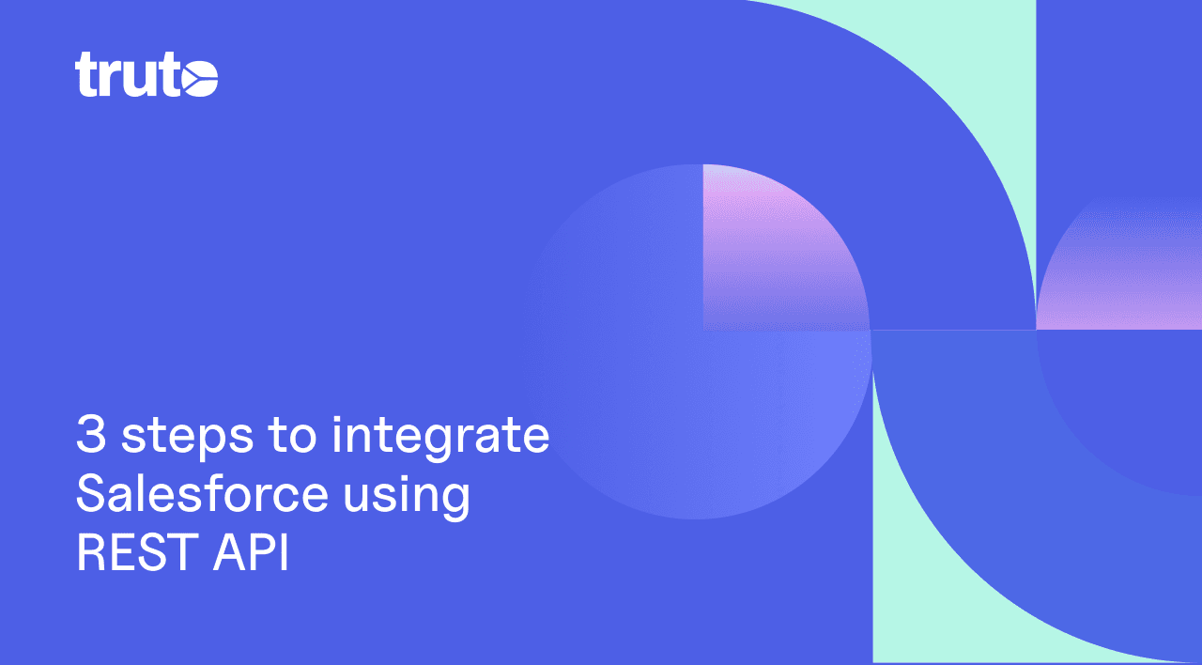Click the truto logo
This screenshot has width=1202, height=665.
pos(146,75)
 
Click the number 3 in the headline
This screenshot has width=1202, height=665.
pos(90,437)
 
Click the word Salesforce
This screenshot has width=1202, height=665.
pos(202,494)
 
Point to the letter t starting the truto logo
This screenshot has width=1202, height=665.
pos(85,75)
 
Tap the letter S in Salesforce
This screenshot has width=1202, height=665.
pos(90,494)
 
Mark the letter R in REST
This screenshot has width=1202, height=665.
pos(91,553)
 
